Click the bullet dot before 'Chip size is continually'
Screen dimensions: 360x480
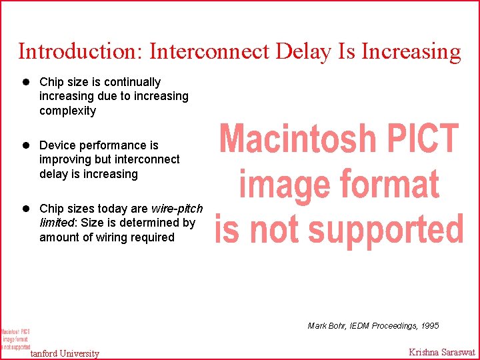click(x=27, y=82)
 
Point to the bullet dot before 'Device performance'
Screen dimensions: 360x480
click(x=27, y=145)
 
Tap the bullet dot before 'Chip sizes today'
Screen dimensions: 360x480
click(x=27, y=209)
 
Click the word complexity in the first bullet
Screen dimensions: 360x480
click(x=67, y=111)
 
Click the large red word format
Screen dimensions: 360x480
click(x=387, y=185)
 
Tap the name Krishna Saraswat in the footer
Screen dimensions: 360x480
click(x=442, y=353)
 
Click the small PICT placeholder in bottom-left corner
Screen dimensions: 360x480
click(x=15, y=339)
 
